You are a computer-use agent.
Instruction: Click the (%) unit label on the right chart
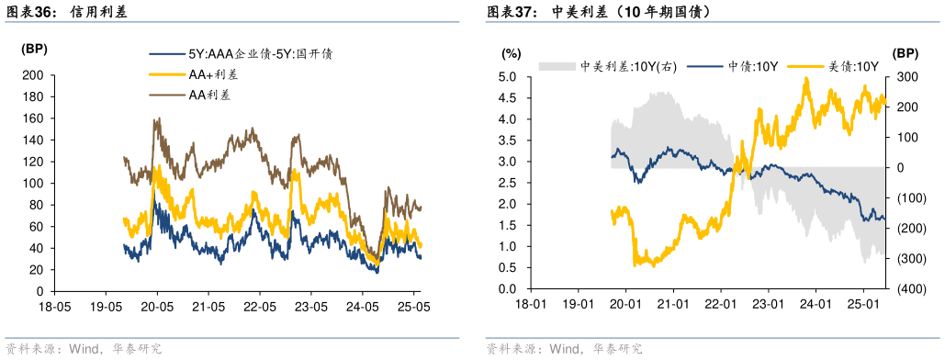coord(512,52)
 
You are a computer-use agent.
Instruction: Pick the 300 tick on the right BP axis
coord(906,77)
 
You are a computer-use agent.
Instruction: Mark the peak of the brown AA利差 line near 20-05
coord(158,118)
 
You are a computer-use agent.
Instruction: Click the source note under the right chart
coord(564,349)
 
